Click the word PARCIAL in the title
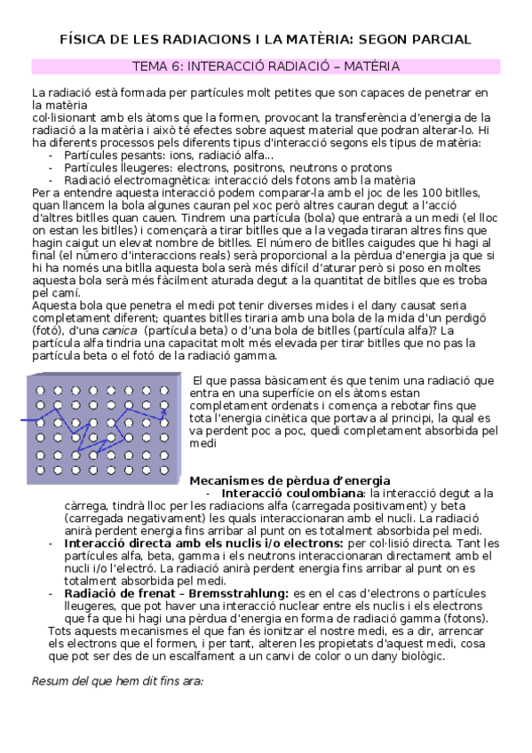441,40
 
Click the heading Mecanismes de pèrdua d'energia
290,480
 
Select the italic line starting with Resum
117,681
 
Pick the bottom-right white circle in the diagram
167,469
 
